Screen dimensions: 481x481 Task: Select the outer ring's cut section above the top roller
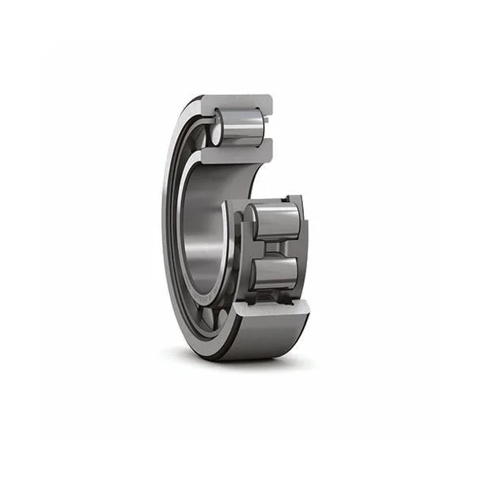[240, 103]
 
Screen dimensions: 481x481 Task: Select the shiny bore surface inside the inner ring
[204, 232]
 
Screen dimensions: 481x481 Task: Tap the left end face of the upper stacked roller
[250, 220]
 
